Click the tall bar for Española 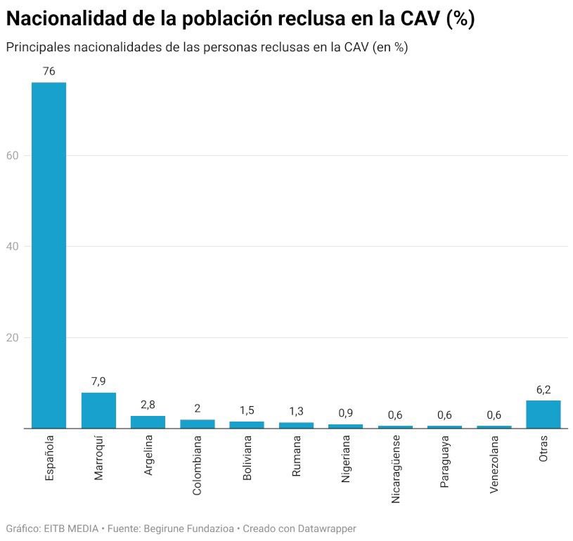[x=49, y=255]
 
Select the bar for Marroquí [x=98, y=410]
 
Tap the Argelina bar [x=148, y=422]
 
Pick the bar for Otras [x=543, y=415]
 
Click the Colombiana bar [x=197, y=424]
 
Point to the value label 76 [x=49, y=71]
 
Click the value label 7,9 [x=98, y=381]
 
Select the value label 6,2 [x=543, y=389]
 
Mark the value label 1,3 [x=296, y=411]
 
